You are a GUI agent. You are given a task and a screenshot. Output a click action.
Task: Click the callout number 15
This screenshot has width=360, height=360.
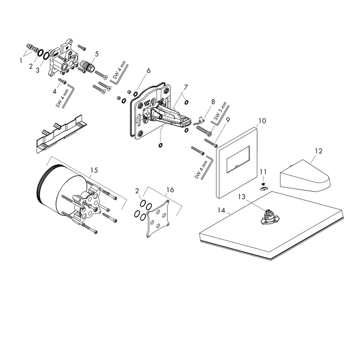point(94,170)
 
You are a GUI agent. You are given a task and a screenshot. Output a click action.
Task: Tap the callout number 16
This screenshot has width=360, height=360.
point(170,190)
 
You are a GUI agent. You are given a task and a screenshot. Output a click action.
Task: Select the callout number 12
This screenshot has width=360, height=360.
point(319,151)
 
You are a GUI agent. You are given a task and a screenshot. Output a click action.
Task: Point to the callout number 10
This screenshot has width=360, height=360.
point(262,121)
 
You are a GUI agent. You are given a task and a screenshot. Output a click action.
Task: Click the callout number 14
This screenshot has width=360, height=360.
point(221,210)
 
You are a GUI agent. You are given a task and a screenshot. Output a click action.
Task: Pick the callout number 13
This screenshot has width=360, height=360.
point(242,197)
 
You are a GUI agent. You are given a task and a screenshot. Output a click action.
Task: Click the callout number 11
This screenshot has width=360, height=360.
point(263,171)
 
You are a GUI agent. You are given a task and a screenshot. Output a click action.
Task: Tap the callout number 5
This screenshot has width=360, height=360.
point(96,54)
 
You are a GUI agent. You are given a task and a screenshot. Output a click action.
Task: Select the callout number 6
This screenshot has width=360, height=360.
point(149,71)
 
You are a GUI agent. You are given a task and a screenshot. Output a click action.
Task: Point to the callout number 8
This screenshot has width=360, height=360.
point(213,102)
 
